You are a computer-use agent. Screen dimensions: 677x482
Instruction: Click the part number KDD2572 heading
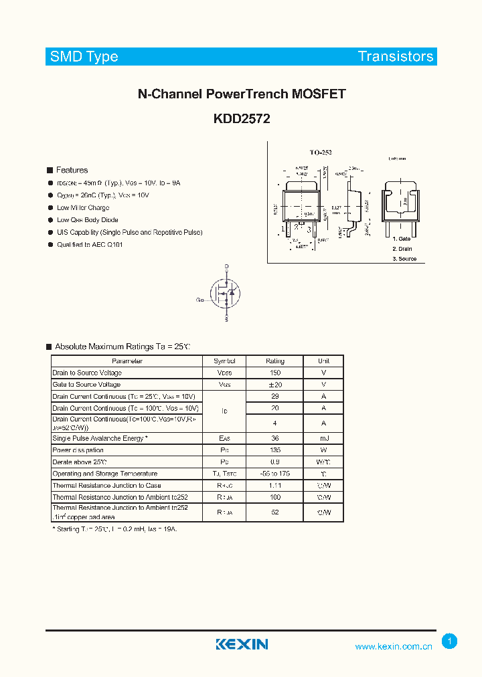pyautogui.click(x=241, y=118)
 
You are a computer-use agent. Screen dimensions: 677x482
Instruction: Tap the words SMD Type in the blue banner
pyautogui.click(x=84, y=57)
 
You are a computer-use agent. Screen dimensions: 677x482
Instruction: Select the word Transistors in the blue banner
pyautogui.click(x=396, y=57)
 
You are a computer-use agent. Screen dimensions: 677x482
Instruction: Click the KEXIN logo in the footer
pyautogui.click(x=242, y=644)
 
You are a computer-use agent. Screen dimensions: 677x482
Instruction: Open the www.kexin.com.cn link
pyautogui.click(x=393, y=646)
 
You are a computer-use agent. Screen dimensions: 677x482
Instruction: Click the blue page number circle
pyautogui.click(x=450, y=642)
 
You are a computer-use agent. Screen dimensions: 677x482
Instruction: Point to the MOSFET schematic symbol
pyautogui.click(x=226, y=293)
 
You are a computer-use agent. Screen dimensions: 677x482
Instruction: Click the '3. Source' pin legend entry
pyautogui.click(x=404, y=258)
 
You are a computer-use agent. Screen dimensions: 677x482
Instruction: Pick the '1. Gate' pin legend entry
pyautogui.click(x=402, y=239)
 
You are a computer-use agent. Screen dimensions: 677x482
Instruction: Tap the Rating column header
pyautogui.click(x=274, y=361)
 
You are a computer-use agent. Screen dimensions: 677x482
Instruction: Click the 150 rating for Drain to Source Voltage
pyautogui.click(x=274, y=373)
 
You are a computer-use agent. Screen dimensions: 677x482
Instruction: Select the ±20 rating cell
pyautogui.click(x=274, y=385)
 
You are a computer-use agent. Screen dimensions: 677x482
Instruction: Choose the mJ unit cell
pyautogui.click(x=323, y=438)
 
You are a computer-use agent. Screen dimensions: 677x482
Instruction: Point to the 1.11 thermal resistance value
pyautogui.click(x=274, y=485)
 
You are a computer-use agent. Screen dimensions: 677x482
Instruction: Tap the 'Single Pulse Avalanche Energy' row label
pyautogui.click(x=100, y=438)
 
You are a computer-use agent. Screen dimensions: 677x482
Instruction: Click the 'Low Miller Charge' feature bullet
pyautogui.click(x=83, y=207)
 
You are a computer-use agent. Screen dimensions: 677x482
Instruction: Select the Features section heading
pyautogui.click(x=72, y=170)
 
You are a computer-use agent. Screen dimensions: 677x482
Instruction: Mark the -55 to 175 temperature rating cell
pyautogui.click(x=274, y=474)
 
